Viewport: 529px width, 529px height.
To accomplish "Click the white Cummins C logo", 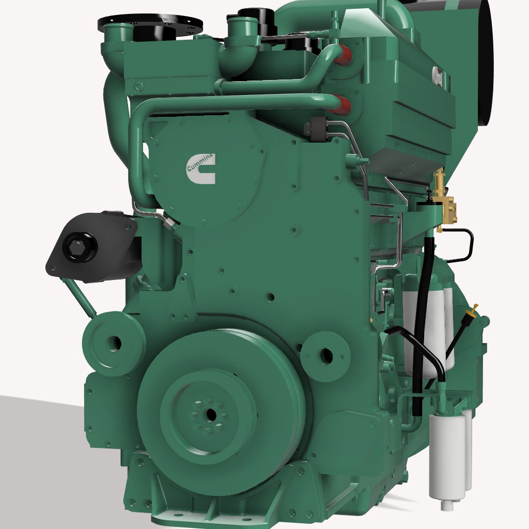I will point(200,168).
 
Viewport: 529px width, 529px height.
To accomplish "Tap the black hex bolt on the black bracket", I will point(80,247).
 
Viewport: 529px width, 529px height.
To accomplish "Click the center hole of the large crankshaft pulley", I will point(210,414).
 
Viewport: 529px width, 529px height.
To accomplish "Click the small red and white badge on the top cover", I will point(438,76).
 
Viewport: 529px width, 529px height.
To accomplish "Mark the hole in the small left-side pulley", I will point(115,342).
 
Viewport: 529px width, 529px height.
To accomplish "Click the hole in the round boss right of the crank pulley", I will point(326,355).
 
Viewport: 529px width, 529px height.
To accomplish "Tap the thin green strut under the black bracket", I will point(79,297).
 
